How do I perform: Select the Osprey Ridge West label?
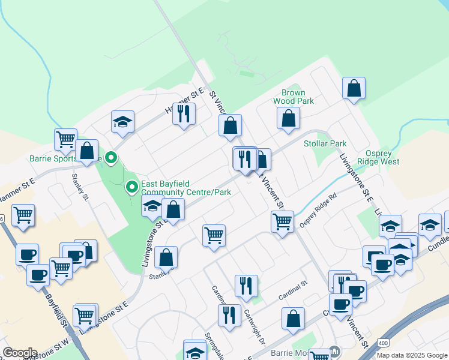378,157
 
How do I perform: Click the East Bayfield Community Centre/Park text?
185,189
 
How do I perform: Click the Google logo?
20,353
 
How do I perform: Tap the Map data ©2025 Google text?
411,355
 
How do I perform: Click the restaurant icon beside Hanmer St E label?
184,112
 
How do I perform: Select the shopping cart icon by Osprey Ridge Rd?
282,221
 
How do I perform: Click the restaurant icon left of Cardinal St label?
246,286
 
